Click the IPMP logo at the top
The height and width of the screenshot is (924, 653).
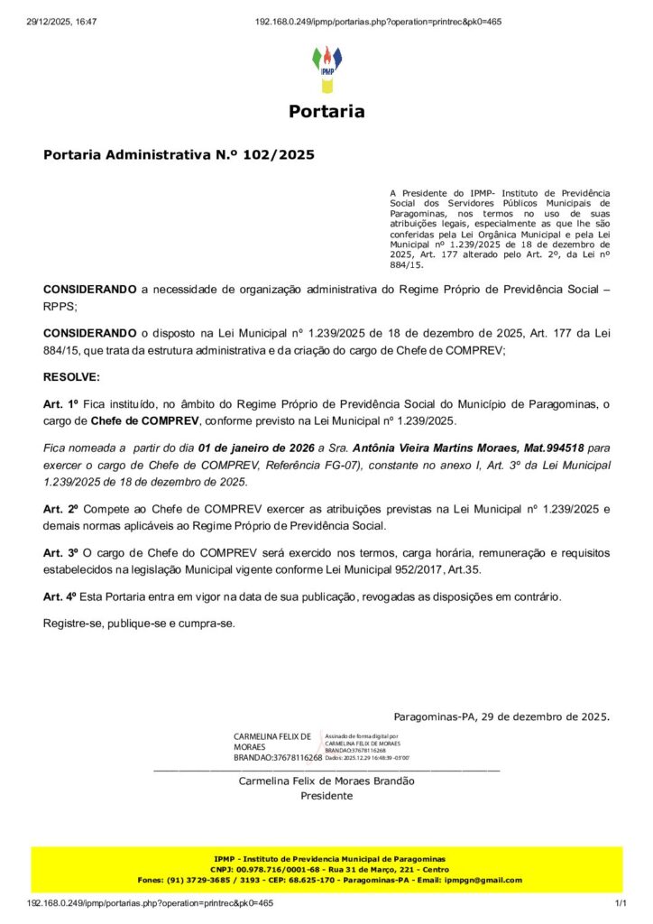326,69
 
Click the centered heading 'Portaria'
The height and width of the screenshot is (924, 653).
326,112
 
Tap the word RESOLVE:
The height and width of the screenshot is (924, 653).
72,375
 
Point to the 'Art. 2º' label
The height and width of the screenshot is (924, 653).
62,509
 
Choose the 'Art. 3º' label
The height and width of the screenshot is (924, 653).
62,552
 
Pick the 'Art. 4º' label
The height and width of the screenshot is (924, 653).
62,596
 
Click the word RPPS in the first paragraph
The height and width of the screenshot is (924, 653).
60,306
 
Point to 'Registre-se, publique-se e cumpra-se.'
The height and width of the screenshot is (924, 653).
139,623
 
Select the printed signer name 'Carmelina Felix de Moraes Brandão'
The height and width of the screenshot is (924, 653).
326,781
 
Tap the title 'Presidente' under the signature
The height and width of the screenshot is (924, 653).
326,796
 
